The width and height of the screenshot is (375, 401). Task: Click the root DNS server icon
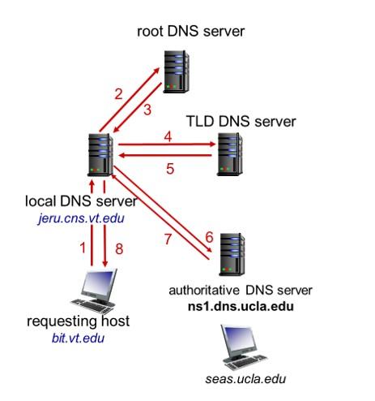[175, 71]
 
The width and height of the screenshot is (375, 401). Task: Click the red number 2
[118, 93]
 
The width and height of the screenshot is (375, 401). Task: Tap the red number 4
[168, 138]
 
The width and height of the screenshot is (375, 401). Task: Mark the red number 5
[170, 170]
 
